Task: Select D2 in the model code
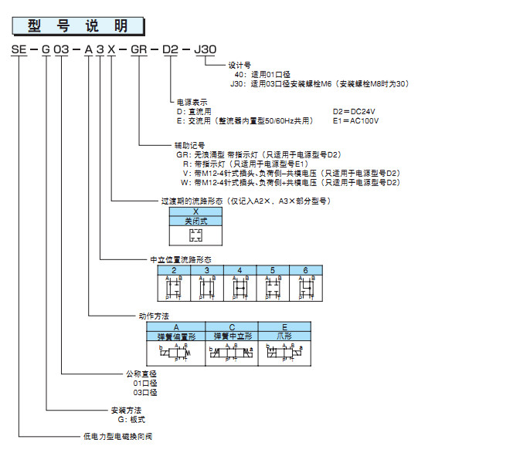[171, 49]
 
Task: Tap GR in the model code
[138, 49]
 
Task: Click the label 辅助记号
[189, 145]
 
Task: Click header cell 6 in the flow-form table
[305, 270]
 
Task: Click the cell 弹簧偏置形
[176, 336]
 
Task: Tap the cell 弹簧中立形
[229, 336]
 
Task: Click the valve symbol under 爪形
[285, 353]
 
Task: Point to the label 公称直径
[141, 373]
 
